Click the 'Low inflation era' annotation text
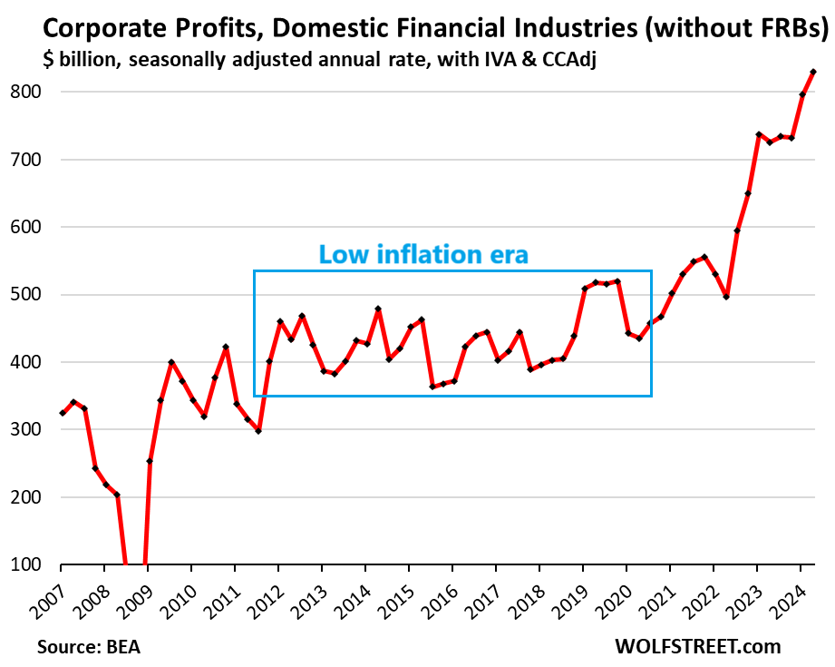click(x=422, y=255)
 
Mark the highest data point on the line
click(x=813, y=72)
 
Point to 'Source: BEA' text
click(x=89, y=648)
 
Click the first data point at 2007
click(x=62, y=413)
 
